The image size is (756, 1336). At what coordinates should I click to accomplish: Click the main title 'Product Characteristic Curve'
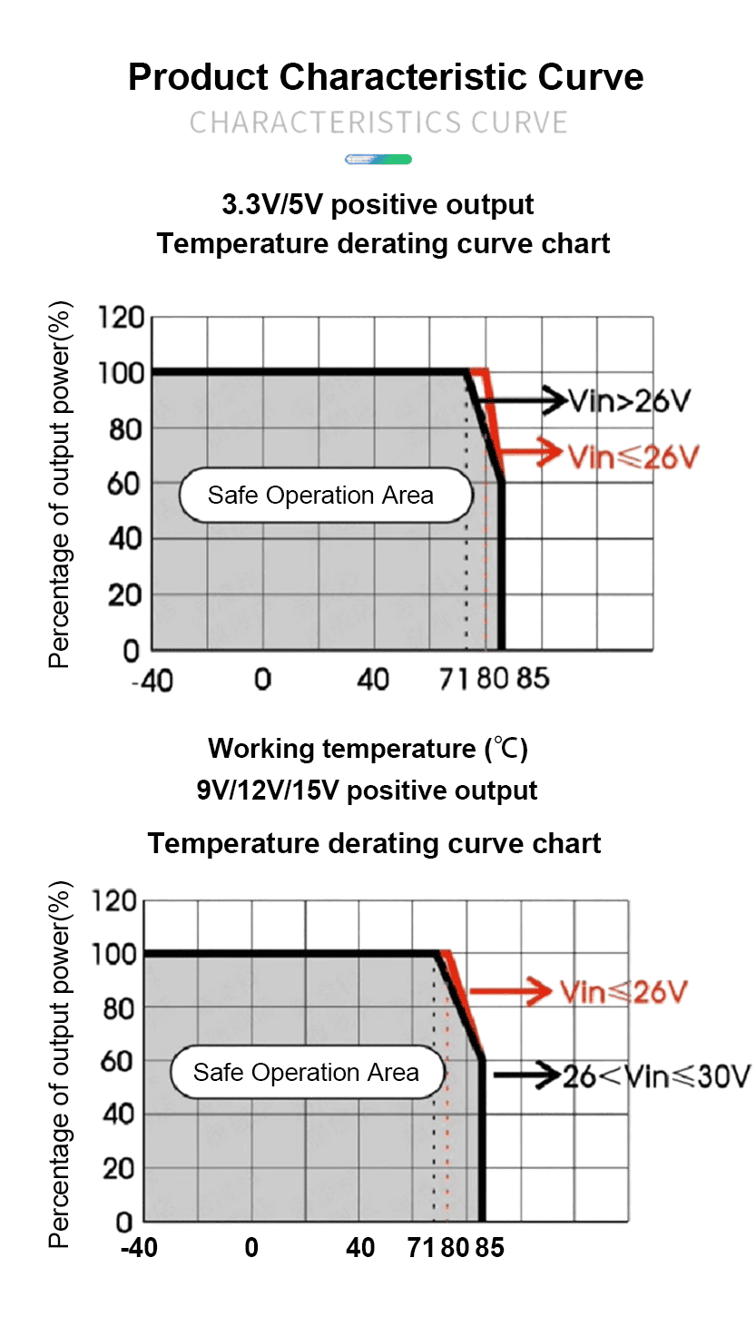coord(386,77)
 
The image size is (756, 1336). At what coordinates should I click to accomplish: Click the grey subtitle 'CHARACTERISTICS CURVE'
coord(378,123)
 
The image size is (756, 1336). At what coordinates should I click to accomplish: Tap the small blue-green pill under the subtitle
coord(378,160)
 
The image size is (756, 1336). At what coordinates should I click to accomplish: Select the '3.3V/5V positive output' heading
coord(378,204)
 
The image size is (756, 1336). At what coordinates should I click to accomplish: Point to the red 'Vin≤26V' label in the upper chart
coord(633,457)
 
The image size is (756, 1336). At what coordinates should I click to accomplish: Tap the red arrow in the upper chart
coord(532,451)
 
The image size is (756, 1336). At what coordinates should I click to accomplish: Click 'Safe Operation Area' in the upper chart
coord(320,496)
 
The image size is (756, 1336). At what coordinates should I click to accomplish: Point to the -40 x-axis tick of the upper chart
coord(152,681)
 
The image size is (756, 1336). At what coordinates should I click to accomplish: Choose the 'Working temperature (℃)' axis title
coord(368,749)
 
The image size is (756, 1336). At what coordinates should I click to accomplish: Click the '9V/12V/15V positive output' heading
coord(367,790)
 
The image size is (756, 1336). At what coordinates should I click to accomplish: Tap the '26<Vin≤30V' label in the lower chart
coord(656,1077)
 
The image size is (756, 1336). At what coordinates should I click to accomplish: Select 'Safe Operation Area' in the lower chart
coord(306,1073)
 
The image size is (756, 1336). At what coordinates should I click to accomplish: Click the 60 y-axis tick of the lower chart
coord(117,1061)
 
